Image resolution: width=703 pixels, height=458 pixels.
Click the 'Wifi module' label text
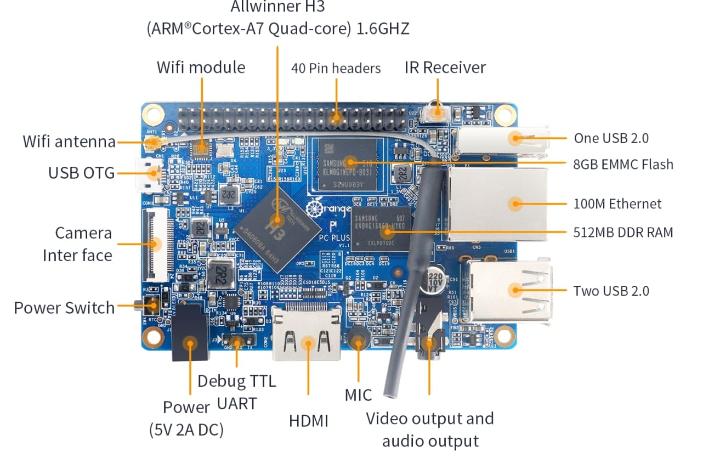coord(201,67)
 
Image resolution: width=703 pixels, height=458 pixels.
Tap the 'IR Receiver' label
coord(445,67)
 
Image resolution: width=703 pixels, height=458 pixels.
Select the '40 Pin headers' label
coord(336,69)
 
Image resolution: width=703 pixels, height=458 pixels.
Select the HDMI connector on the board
coord(307,336)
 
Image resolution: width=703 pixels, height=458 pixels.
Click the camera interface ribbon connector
coord(154,244)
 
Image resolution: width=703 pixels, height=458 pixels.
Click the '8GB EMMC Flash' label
coord(623,163)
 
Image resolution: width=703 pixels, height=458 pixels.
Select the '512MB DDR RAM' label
coord(623,233)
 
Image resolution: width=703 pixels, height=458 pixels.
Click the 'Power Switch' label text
coord(64,308)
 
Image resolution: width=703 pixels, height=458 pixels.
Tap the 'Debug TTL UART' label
coord(237,392)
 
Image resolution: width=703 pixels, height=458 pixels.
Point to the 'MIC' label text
coord(358,394)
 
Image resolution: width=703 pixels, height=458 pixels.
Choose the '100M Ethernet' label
coord(617,204)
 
